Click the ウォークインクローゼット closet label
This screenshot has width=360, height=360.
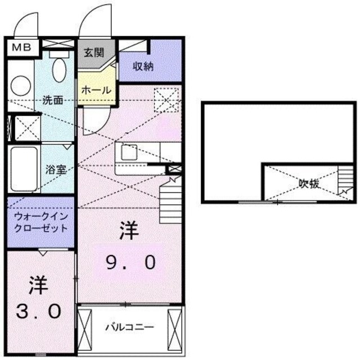pos(40,222)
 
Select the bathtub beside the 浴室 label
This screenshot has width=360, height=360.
pos(23,169)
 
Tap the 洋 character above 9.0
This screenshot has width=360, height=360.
pos(129,231)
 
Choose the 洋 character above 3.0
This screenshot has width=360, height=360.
pos(37,284)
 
